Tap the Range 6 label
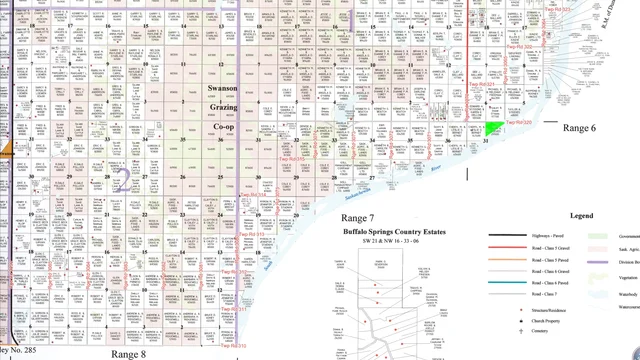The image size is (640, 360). (579, 128)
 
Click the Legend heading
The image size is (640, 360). (582, 216)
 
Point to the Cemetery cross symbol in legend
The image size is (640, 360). (521, 331)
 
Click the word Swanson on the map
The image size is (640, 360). (222, 89)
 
